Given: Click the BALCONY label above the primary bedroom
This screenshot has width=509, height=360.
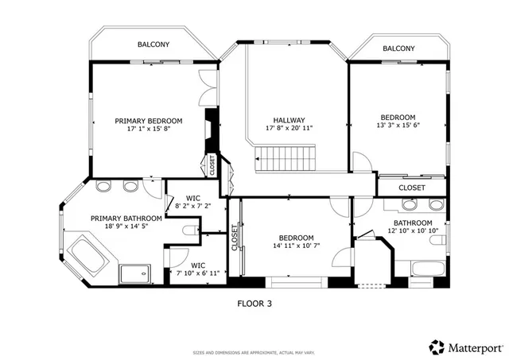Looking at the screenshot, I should pos(153,45).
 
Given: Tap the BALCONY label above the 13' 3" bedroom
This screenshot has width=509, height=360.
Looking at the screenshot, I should pos(398,48).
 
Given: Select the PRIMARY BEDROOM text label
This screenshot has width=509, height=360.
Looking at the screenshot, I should pos(149,121).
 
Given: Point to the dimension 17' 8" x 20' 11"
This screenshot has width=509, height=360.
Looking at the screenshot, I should pos(289,128).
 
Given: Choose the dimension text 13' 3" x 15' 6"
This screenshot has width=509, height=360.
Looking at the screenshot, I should pos(397,126).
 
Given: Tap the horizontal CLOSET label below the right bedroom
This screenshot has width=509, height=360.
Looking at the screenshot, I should pos(411,188).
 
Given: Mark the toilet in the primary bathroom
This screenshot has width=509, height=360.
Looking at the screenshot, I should pos(189,230).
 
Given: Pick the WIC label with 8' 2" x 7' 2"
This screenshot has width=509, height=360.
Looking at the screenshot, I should pos(192,198).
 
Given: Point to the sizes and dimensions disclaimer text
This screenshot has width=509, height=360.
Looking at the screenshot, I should pos(255,352).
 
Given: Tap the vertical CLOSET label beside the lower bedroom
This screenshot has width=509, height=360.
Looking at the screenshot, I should pos(235,237).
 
